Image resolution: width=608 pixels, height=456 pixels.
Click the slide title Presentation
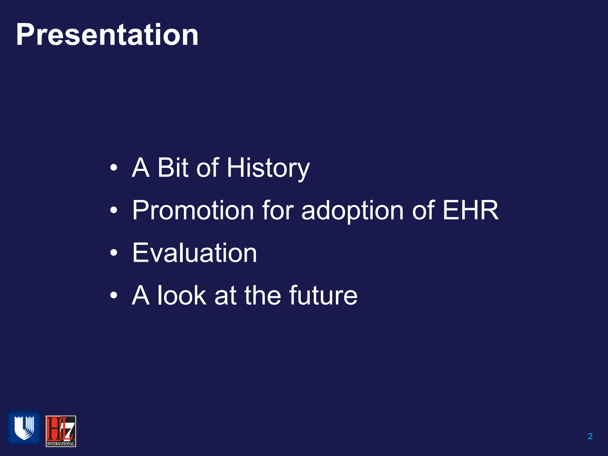click(107, 34)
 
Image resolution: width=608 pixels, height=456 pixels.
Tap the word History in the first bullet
click(268, 168)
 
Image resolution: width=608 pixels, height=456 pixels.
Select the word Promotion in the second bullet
click(193, 210)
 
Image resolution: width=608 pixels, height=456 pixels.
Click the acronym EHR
click(470, 210)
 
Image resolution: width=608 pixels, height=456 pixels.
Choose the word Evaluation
click(194, 253)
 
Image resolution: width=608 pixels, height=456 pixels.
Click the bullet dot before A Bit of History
click(113, 168)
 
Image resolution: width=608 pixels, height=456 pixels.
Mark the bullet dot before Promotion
click(113, 210)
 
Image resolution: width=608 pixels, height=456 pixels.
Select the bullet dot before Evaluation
click(113, 253)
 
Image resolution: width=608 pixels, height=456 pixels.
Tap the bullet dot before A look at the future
click(113, 295)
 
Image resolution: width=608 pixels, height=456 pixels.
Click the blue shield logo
click(24, 428)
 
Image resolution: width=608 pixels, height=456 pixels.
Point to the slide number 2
click(590, 436)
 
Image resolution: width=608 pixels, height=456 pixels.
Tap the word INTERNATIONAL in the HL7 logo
click(61, 444)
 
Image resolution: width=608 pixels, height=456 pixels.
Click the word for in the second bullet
click(278, 210)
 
